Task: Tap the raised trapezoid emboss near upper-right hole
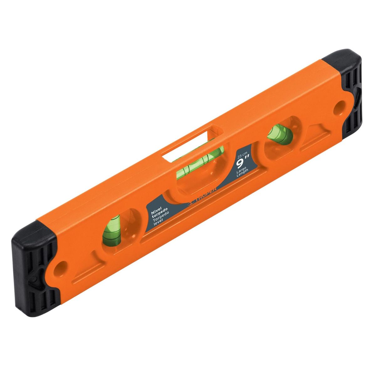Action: pyautogui.click(x=315, y=132)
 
